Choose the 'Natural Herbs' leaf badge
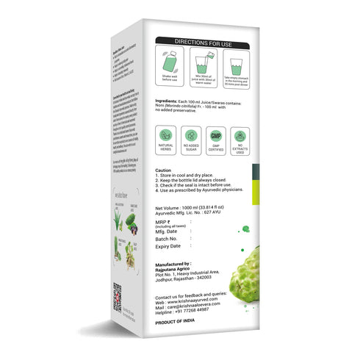click(x=168, y=137)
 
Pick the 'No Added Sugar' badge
click(x=192, y=137)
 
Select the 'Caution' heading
click(x=165, y=170)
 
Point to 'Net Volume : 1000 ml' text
click(x=187, y=209)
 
